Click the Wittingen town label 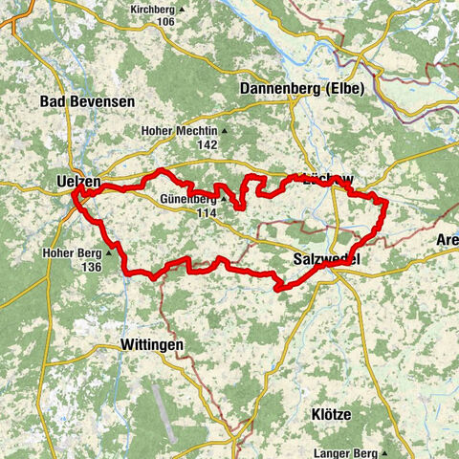pyautogui.click(x=152, y=343)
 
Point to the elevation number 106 pyautogui.click(x=167, y=20)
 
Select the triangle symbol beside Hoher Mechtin pyautogui.click(x=226, y=131)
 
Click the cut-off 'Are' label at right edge pyautogui.click(x=447, y=238)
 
